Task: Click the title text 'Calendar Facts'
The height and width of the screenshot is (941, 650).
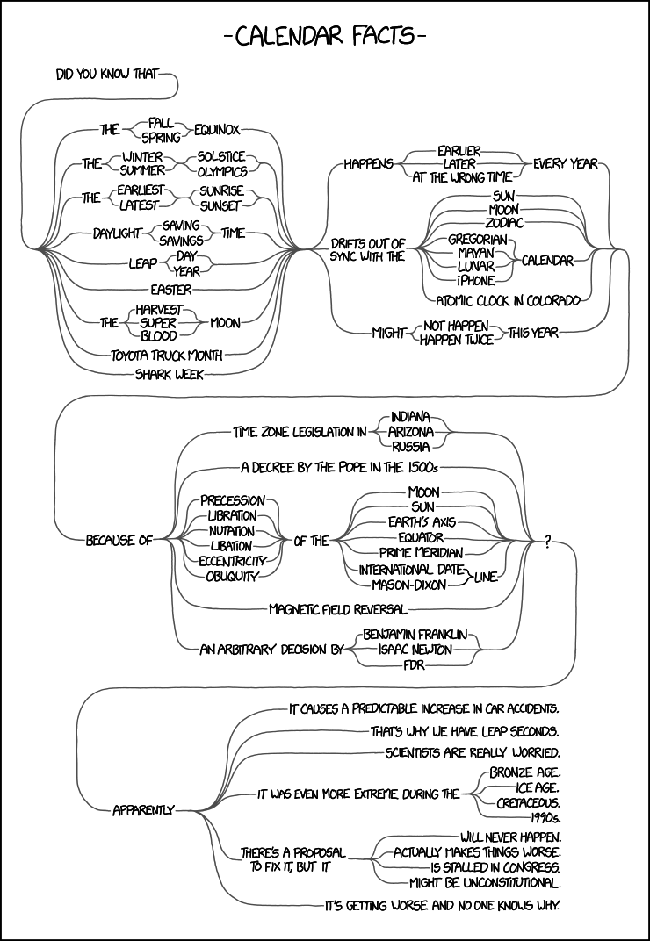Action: click(325, 37)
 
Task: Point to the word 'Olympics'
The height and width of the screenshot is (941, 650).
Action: click(222, 172)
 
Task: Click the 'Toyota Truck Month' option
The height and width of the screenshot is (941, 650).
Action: click(166, 356)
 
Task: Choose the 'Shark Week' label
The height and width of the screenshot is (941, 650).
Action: click(169, 374)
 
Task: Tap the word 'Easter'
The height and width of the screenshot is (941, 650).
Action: click(171, 289)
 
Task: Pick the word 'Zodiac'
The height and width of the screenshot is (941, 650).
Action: click(503, 224)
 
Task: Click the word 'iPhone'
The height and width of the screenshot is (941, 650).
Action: click(475, 281)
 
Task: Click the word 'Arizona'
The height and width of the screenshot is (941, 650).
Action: click(411, 431)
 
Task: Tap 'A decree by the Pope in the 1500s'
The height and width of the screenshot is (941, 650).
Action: click(339, 466)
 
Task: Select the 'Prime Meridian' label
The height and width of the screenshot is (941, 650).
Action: click(422, 553)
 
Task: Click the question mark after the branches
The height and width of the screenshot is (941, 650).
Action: click(547, 542)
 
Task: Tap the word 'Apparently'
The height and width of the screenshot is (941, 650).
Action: click(143, 809)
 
